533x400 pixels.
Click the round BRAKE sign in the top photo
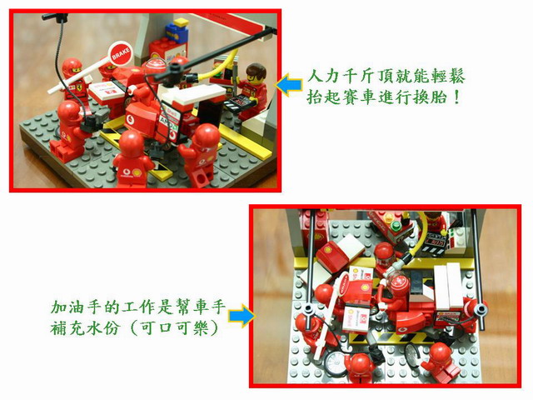[121, 53]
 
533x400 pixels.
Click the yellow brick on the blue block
[181, 22]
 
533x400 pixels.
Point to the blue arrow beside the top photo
[289, 84]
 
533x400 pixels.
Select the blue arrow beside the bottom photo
[242, 316]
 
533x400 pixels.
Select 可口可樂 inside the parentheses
[174, 328]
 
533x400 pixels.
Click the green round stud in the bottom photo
[395, 225]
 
